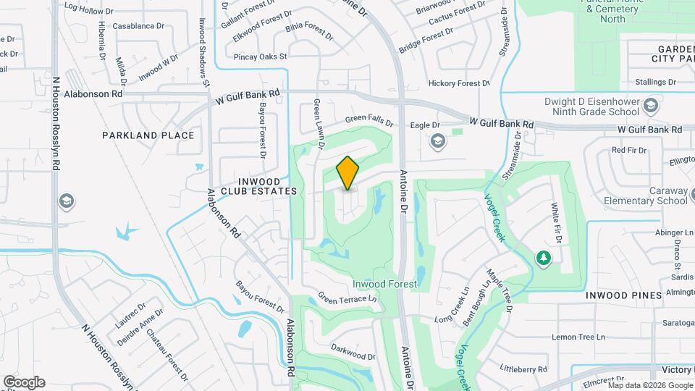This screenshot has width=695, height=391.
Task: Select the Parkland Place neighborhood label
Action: (x=148, y=135)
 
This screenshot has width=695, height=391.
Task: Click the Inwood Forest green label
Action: (x=384, y=284)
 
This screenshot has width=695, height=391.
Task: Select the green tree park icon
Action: (x=543, y=257)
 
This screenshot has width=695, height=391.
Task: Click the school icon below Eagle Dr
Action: (x=437, y=142)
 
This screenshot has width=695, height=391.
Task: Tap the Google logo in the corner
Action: (x=24, y=382)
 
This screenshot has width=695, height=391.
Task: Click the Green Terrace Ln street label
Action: (x=348, y=298)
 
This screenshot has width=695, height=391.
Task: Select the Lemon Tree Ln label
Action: (x=578, y=337)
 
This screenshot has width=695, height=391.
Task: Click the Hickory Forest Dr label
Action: (x=459, y=84)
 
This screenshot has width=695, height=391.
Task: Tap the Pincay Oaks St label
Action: (x=261, y=56)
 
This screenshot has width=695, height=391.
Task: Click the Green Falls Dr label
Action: (x=368, y=120)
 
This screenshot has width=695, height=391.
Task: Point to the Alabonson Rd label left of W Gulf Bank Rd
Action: (x=93, y=94)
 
